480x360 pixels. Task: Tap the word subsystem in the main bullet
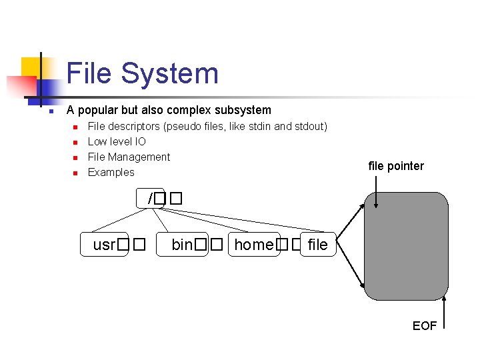point(241,110)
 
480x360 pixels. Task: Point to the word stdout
point(310,126)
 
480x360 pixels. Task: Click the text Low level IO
point(117,141)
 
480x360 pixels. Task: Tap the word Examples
point(111,172)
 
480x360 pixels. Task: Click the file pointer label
point(396,166)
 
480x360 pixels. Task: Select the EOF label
point(425,326)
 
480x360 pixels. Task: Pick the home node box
point(254,245)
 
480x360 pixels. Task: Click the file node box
point(318,245)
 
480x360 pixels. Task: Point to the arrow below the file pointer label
point(376,193)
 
